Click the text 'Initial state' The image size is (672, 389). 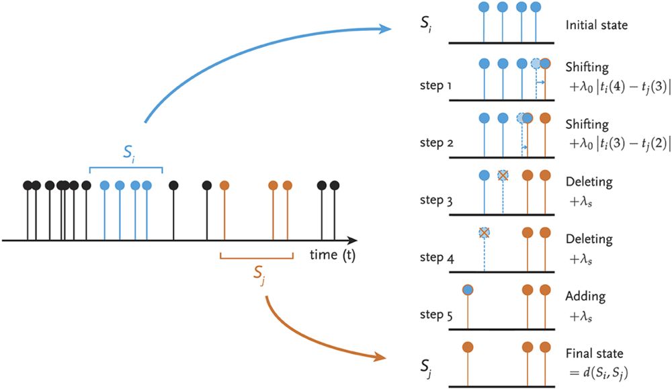pyautogui.click(x=597, y=26)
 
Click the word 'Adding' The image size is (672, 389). pyautogui.click(x=586, y=296)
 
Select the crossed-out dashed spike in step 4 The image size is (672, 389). pyautogui.click(x=484, y=232)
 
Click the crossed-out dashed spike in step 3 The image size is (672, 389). pyautogui.click(x=502, y=175)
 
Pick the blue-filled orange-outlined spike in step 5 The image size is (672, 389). pyautogui.click(x=468, y=290)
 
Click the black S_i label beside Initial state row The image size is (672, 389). pyautogui.click(x=424, y=29)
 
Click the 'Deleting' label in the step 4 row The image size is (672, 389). pyautogui.click(x=589, y=240)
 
